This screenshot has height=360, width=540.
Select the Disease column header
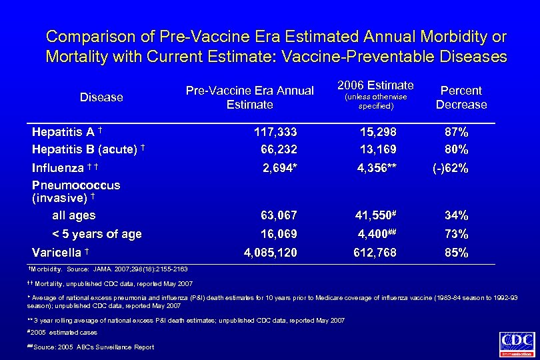(101, 97)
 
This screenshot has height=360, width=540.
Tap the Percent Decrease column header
(461, 97)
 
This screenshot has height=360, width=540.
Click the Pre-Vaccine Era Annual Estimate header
(249, 97)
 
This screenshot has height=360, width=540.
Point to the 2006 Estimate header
(376, 85)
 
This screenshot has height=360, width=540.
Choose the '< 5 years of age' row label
(97, 234)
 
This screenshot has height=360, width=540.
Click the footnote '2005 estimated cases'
(64, 332)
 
